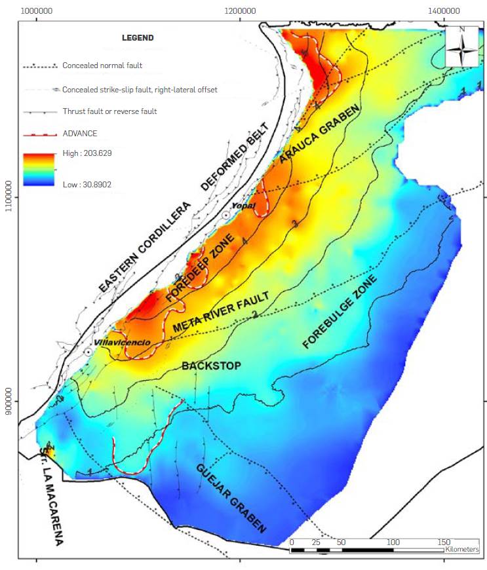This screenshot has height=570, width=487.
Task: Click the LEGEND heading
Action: [138, 37]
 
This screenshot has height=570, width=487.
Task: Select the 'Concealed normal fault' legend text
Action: [102, 66]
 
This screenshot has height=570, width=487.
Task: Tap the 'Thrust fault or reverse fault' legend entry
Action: [109, 111]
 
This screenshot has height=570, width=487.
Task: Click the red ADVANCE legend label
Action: [79, 134]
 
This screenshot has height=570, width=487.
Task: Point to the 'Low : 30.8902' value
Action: [87, 185]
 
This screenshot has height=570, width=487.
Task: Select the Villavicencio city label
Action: [117, 343]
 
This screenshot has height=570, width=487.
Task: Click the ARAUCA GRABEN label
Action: [321, 134]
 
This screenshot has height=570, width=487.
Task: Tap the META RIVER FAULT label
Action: [221, 313]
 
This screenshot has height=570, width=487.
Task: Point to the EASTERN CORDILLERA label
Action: [145, 246]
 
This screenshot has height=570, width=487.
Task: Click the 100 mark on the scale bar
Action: [393, 542]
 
